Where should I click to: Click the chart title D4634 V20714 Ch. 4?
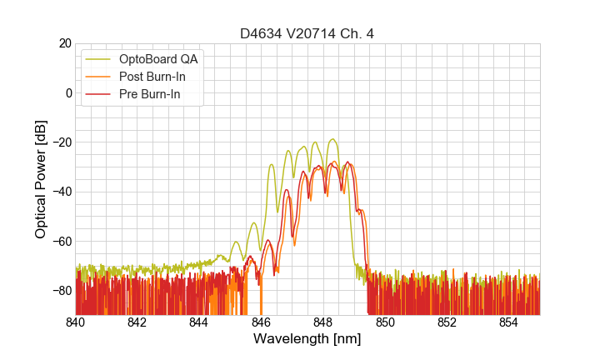coord(307,34)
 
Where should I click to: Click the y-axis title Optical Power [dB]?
coord(41,179)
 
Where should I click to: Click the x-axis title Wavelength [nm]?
coord(307,339)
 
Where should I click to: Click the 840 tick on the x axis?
coord(76,322)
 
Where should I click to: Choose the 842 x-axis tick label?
coord(137,322)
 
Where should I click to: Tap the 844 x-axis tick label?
coord(199,322)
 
